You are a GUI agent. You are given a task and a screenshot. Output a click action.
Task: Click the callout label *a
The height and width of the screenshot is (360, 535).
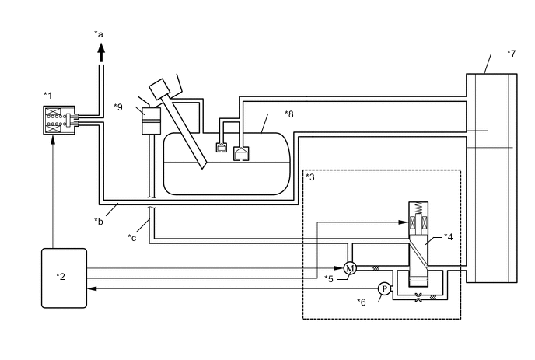tap(99, 34)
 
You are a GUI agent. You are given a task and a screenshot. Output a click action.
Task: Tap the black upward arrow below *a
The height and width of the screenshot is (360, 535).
tap(101, 53)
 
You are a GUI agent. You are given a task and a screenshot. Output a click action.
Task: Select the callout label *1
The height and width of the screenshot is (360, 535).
tap(47, 95)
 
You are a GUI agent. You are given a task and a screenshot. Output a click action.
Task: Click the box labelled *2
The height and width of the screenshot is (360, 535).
tap(64, 278)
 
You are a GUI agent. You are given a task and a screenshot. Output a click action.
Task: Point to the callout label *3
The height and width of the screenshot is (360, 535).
tap(310, 177)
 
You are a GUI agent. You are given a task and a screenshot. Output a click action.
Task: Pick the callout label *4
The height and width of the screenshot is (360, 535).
tap(449, 237)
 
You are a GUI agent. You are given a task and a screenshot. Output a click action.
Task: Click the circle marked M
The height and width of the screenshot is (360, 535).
tap(349, 268)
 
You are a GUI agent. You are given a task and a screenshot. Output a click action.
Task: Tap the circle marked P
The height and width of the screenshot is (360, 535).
tap(384, 289)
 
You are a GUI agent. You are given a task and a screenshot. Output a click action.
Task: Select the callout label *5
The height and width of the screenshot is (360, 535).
tap(329, 279)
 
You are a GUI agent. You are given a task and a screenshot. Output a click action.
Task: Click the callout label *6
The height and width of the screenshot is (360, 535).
tap(362, 302)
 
